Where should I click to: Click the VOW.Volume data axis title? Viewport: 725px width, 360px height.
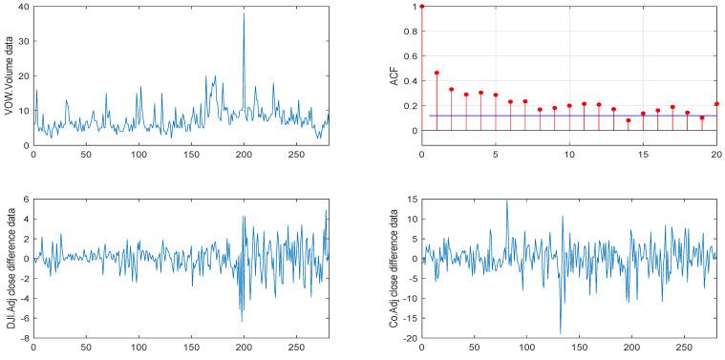(x=9, y=75)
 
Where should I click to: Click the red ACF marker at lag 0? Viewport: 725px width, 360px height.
(x=421, y=6)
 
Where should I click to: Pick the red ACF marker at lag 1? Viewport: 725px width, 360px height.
(x=437, y=73)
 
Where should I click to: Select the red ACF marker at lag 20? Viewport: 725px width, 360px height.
(x=716, y=104)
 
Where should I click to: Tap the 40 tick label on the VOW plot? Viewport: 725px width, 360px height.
(x=21, y=7)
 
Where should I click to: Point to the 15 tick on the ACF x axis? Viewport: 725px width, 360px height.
(x=642, y=154)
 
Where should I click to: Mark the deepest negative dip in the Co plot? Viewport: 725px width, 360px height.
(x=561, y=333)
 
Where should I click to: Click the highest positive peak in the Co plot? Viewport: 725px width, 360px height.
(x=507, y=201)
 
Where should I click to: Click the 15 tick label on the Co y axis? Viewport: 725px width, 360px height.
(x=409, y=200)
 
